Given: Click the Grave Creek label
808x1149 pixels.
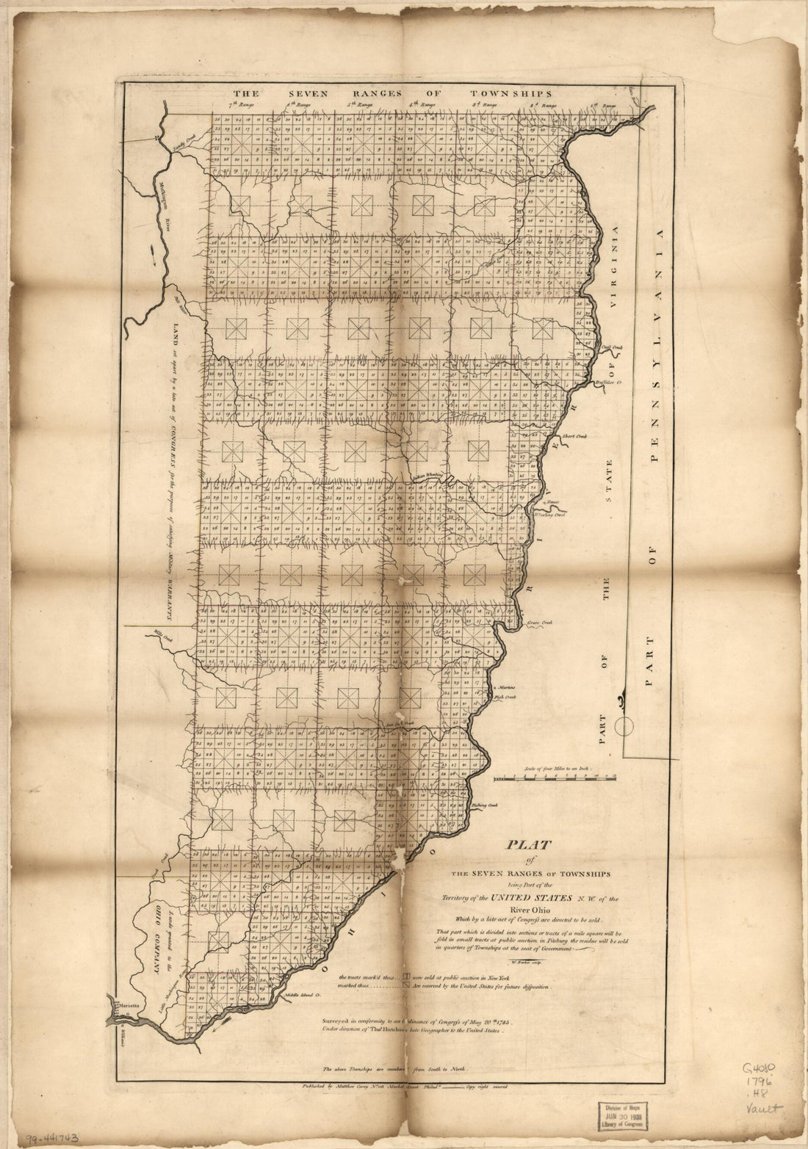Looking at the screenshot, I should point(539,622).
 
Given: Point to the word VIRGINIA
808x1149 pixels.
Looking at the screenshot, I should point(614,276).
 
